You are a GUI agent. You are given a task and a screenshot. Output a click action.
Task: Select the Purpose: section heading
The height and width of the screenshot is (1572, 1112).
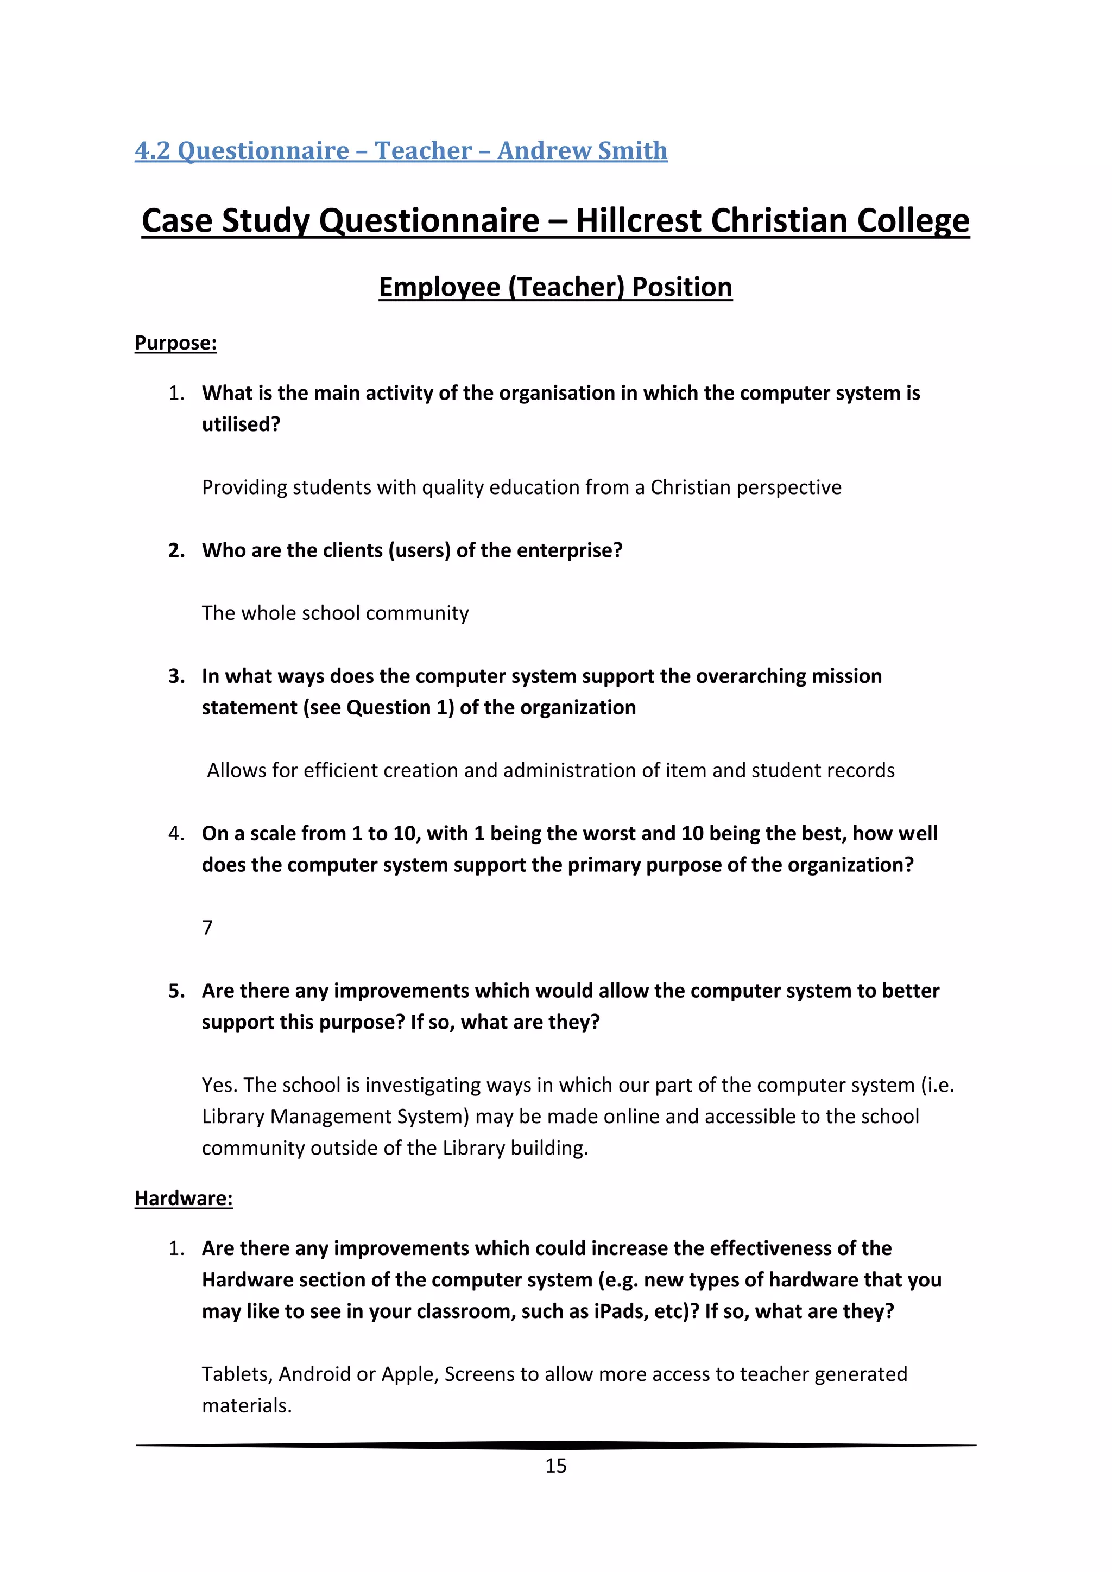click(x=175, y=343)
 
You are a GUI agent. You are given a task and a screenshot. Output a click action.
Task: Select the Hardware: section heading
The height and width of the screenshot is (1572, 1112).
click(x=184, y=1198)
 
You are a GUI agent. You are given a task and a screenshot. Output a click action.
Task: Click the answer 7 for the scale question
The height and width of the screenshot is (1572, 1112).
click(x=207, y=928)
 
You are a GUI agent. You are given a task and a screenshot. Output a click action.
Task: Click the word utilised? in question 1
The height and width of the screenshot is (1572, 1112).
click(x=241, y=424)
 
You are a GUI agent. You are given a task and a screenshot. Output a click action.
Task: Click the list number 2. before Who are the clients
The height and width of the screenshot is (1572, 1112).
click(x=176, y=550)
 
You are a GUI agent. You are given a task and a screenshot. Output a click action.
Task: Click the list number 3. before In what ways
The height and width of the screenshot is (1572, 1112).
click(x=176, y=676)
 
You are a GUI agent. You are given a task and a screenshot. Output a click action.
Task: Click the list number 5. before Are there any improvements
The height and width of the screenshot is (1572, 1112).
click(x=176, y=991)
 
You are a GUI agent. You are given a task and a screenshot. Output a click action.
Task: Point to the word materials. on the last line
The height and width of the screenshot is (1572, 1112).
click(x=247, y=1405)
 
